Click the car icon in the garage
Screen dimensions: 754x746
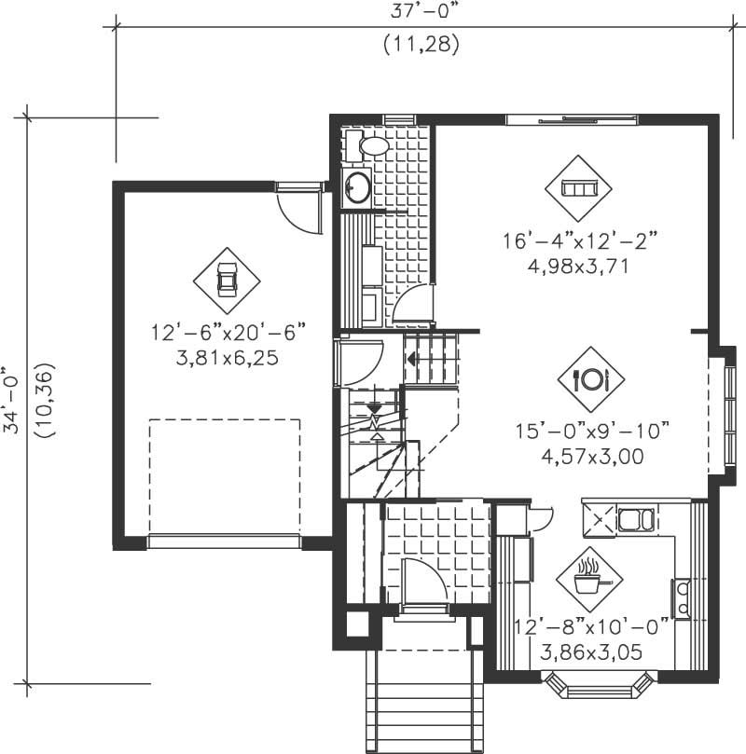click(x=227, y=279)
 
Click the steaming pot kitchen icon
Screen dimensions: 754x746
click(x=587, y=578)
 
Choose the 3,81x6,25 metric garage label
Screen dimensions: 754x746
click(x=228, y=356)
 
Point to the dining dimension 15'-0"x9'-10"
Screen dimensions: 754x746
click(x=593, y=432)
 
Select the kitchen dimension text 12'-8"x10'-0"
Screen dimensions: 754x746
click(x=590, y=627)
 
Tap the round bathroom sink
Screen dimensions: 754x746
click(x=357, y=187)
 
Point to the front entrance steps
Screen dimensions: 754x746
click(x=425, y=704)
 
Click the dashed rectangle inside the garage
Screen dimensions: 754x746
click(x=225, y=475)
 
